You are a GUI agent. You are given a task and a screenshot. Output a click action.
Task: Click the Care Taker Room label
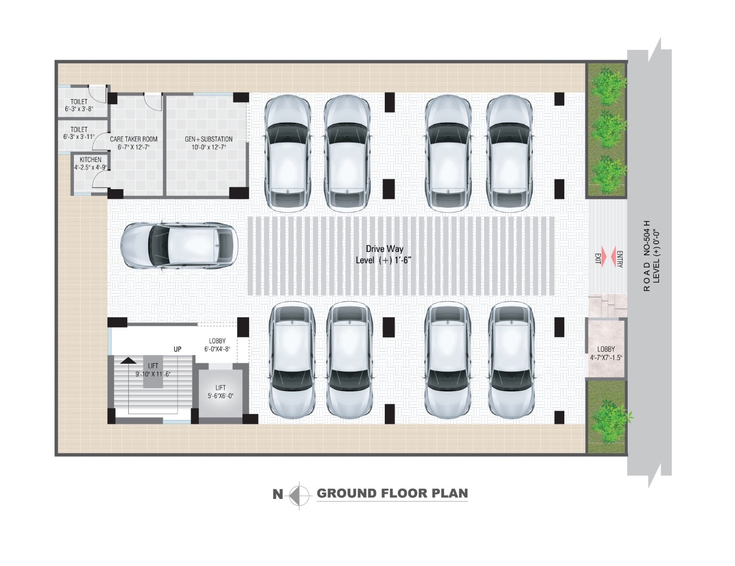pyautogui.click(x=133, y=139)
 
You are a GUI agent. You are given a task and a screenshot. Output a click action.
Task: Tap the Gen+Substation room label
pyautogui.click(x=209, y=139)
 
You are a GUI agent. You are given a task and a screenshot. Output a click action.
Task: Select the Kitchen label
pyautogui.click(x=91, y=159)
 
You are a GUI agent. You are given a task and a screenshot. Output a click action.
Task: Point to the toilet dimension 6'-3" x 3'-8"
pyautogui.click(x=79, y=109)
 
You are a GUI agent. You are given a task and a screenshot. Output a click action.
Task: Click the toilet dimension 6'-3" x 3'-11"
pyautogui.click(x=79, y=137)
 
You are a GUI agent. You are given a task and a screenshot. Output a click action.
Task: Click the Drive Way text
pyautogui.click(x=385, y=249)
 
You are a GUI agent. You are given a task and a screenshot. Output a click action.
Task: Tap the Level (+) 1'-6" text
pyautogui.click(x=383, y=260)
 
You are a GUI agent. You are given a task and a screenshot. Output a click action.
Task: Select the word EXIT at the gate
pyautogui.click(x=598, y=258)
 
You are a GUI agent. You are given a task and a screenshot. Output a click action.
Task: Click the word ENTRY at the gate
pyautogui.click(x=620, y=259)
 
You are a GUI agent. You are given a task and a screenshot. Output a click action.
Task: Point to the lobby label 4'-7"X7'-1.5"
pyautogui.click(x=606, y=357)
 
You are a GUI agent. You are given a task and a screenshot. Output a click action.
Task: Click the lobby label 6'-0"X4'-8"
pyautogui.click(x=217, y=349)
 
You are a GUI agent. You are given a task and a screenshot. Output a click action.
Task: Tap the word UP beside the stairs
pyautogui.click(x=177, y=349)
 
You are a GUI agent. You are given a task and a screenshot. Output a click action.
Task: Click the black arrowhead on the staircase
pyautogui.click(x=129, y=361)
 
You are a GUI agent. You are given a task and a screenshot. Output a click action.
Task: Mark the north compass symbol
pyautogui.click(x=299, y=495)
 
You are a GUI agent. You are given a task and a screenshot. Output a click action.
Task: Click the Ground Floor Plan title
pyautogui.click(x=392, y=494)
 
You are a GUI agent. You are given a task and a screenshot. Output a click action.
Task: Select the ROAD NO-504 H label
pyautogui.click(x=647, y=256)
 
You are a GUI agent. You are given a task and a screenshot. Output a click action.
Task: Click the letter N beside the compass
pyautogui.click(x=278, y=495)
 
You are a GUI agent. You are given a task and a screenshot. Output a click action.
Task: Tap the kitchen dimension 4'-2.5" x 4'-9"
pyautogui.click(x=91, y=167)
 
